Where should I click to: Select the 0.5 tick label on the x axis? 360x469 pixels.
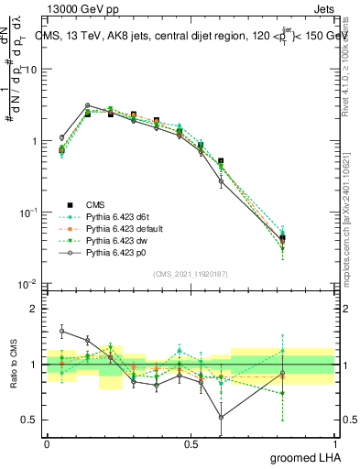tap(191, 443)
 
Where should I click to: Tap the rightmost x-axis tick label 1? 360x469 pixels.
tap(335, 443)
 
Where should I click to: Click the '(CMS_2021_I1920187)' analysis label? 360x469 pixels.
tap(191, 274)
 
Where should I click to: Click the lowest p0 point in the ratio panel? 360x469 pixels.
tap(221, 417)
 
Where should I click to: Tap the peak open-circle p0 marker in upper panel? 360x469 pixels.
tap(87, 105)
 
